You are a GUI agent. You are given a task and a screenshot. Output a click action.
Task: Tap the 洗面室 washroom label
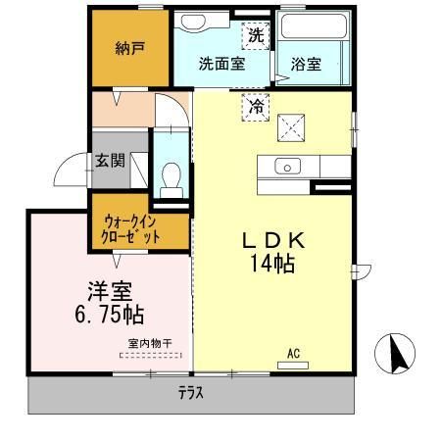pyautogui.click(x=221, y=64)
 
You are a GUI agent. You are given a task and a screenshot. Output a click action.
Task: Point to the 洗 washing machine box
pyautogui.click(x=255, y=35)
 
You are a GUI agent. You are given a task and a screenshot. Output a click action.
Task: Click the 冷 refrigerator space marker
pyautogui.click(x=255, y=105)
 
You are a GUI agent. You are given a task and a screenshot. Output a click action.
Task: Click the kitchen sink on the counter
pyautogui.click(x=287, y=165)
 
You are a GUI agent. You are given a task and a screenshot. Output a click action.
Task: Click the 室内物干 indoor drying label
pyautogui.click(x=149, y=343)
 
